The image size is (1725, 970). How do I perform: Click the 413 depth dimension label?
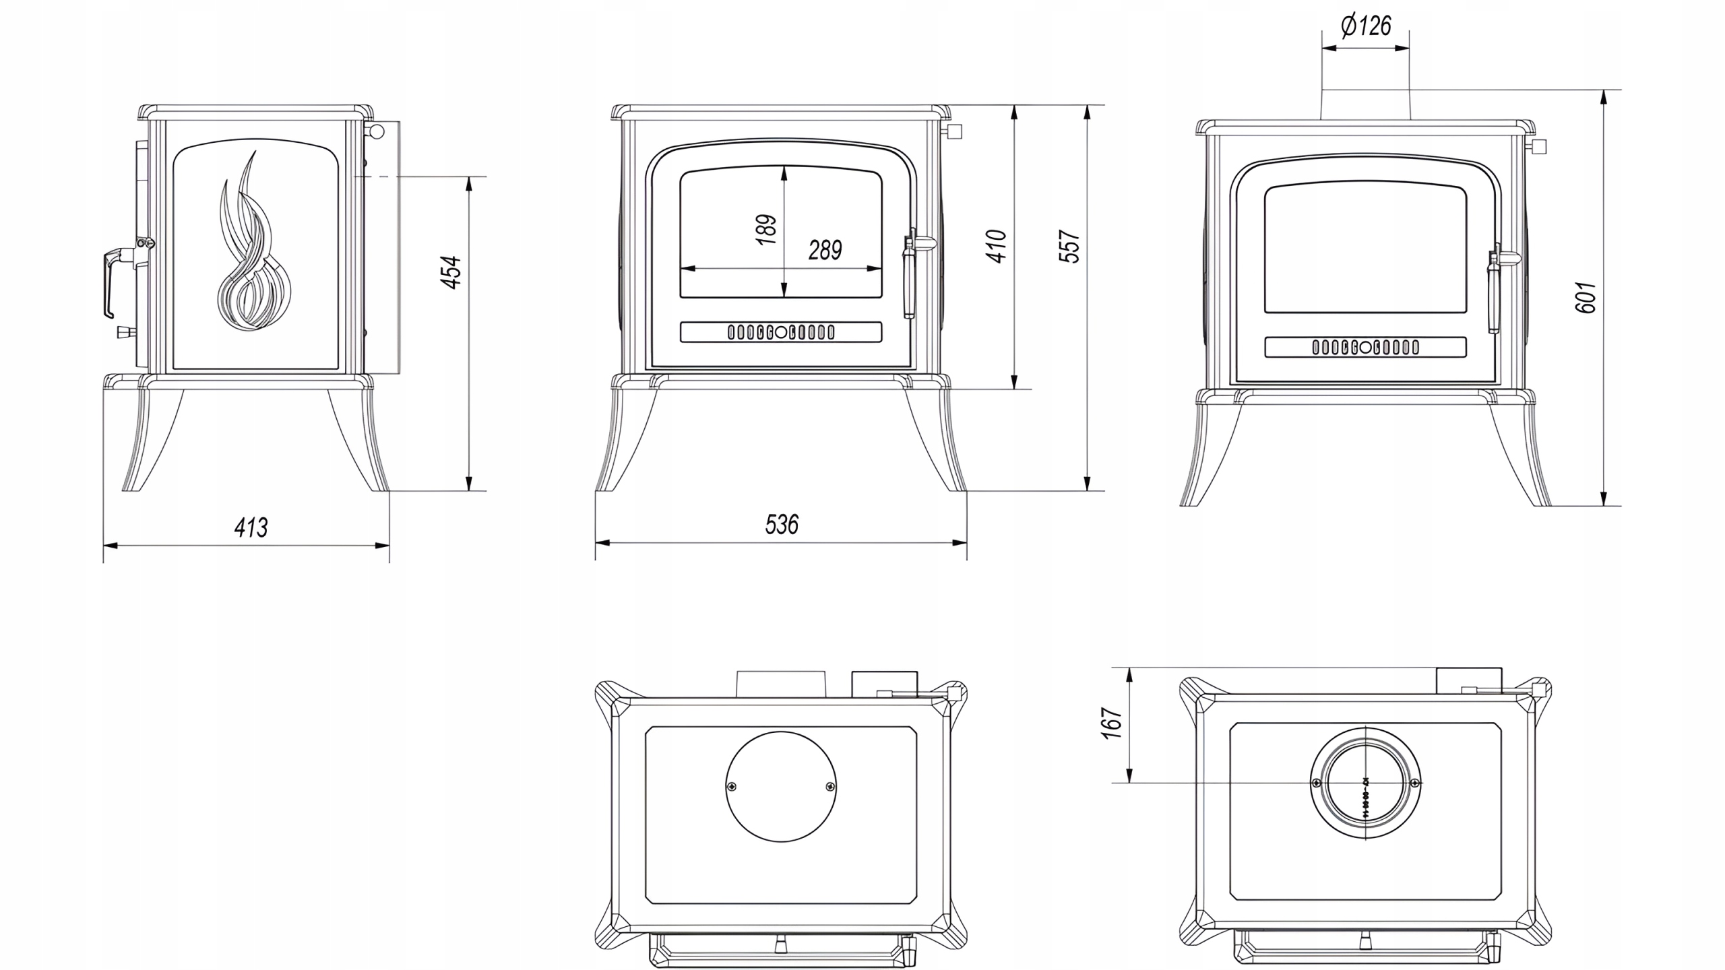coord(251,527)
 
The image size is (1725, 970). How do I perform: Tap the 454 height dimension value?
coord(451,272)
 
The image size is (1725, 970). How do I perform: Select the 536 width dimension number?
coord(782,525)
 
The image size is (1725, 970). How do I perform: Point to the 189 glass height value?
coord(766,230)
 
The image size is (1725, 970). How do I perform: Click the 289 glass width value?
coord(825,251)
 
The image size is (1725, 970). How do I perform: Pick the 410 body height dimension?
coord(997,246)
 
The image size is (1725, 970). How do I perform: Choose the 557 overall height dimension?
coord(1070,247)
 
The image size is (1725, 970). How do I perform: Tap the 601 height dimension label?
coord(1586,297)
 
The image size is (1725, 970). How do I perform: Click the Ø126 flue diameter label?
coord(1366,26)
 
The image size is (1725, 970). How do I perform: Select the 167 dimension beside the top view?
coord(1112,723)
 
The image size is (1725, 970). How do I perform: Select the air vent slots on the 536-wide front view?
coord(781,332)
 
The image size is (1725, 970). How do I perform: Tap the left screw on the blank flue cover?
coord(732,786)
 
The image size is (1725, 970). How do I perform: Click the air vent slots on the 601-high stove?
coord(1365,348)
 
